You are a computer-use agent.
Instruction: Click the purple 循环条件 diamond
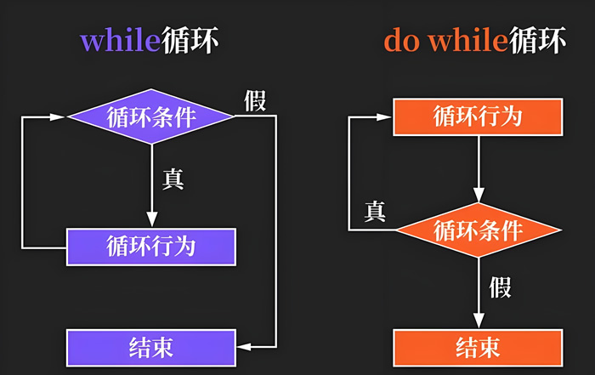click(150, 116)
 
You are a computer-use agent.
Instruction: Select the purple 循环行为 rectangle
click(150, 247)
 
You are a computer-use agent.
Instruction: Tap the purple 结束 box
click(150, 346)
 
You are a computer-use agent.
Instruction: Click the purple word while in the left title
click(120, 42)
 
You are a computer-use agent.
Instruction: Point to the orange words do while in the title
click(445, 42)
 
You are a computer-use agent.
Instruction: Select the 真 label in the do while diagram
click(375, 211)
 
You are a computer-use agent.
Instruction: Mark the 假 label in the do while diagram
click(500, 287)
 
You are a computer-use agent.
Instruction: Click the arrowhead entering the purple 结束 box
click(241, 346)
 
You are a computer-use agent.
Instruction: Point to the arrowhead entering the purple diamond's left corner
click(59, 116)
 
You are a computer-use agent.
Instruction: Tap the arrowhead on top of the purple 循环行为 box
click(150, 223)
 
